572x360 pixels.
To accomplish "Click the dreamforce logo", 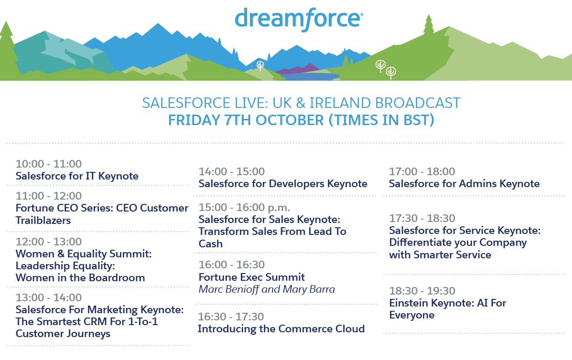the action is click(299, 19).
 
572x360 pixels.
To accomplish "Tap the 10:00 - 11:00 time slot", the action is click(49, 164).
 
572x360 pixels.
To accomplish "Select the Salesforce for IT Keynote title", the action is click(77, 176).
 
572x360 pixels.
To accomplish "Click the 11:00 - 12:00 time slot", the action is click(49, 196).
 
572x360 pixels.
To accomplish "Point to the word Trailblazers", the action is click(43, 221).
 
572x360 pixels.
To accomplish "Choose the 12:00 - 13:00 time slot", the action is click(49, 242).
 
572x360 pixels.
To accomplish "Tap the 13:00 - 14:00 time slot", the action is click(49, 297).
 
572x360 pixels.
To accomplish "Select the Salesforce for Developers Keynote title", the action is click(283, 184).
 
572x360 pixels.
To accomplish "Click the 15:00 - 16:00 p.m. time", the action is click(244, 207).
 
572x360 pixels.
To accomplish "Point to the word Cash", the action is click(210, 244).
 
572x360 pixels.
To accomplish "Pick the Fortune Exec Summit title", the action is click(252, 277).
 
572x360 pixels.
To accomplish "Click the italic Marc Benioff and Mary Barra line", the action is click(267, 289).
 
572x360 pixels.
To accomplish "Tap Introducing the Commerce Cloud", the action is click(281, 328).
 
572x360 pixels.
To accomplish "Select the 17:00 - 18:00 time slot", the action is click(422, 171).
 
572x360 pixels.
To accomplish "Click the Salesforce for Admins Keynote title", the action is click(464, 184).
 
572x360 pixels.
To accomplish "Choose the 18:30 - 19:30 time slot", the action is click(422, 291).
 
